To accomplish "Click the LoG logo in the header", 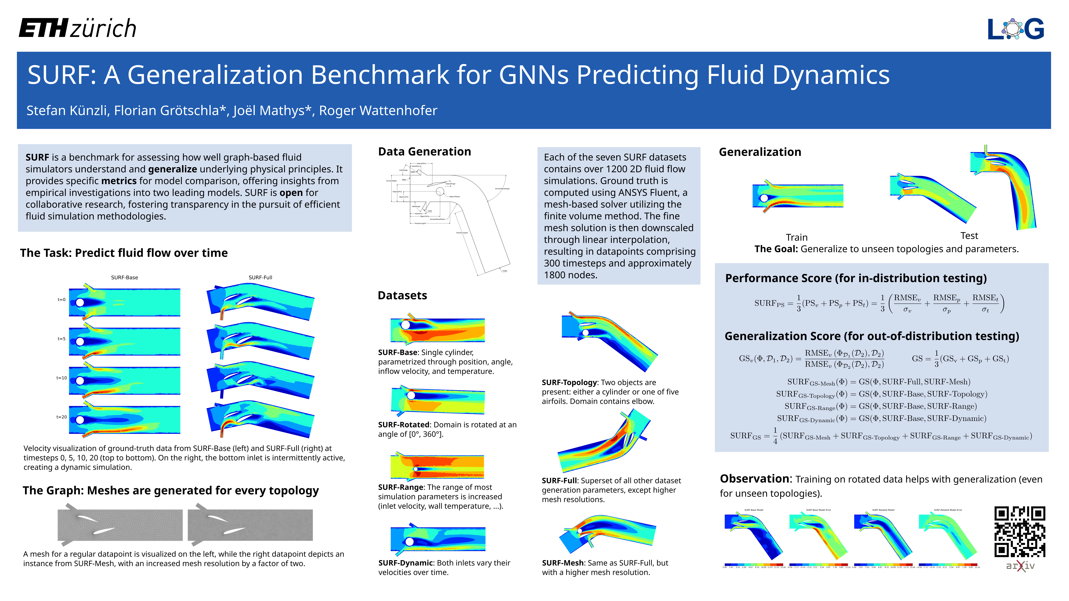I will click(1015, 29).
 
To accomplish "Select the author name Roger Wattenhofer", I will click(378, 111).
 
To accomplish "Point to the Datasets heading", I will click(402, 296).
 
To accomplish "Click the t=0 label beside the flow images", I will click(61, 299).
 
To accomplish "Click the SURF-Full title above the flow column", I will click(260, 278).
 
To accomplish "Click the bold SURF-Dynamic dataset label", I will click(405, 563).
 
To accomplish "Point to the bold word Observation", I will click(755, 479).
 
